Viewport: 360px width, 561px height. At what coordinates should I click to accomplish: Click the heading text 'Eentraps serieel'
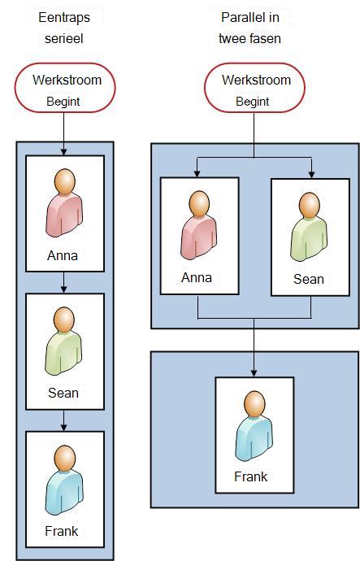[x=64, y=28]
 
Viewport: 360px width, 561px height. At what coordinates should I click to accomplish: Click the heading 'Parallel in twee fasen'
[x=250, y=28]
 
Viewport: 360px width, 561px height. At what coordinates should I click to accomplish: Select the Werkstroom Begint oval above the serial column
[x=65, y=88]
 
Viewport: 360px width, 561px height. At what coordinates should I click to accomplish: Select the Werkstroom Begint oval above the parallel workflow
[x=254, y=88]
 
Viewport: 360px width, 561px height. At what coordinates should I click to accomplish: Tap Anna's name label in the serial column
[x=63, y=255]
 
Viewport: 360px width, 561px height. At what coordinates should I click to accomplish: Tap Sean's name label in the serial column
[x=63, y=393]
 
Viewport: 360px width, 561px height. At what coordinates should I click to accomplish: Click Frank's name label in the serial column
[x=62, y=531]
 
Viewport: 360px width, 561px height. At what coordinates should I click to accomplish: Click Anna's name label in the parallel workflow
[x=197, y=277]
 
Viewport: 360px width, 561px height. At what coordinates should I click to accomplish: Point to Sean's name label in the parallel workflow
[x=309, y=279]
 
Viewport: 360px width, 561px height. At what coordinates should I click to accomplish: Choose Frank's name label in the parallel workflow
[x=251, y=476]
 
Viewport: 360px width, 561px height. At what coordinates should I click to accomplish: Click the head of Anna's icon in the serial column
[x=65, y=181]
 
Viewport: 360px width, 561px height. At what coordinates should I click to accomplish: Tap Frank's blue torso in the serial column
[x=64, y=492]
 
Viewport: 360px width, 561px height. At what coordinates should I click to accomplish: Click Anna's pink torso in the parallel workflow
[x=198, y=237]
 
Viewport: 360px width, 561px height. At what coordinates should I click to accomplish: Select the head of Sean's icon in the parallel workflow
[x=310, y=205]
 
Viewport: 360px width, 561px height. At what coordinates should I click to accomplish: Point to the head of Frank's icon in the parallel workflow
[x=254, y=403]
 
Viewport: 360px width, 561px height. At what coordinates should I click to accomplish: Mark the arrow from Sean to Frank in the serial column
[x=63, y=420]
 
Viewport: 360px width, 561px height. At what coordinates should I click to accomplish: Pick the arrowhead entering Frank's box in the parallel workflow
[x=254, y=373]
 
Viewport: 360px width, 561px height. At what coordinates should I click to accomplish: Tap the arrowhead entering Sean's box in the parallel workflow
[x=312, y=175]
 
